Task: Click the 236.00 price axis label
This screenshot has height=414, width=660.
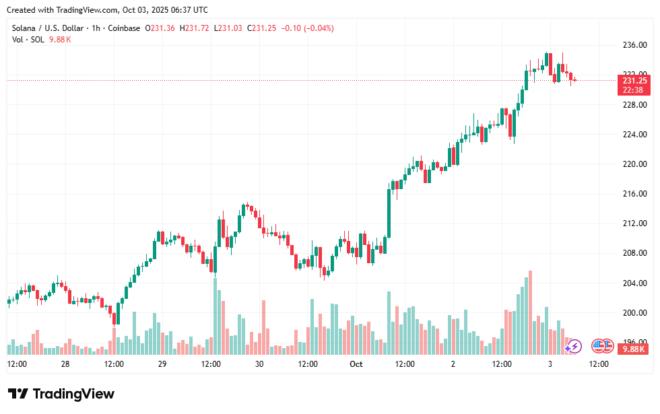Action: tap(634, 46)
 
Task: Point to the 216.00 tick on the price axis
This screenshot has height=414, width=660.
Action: tap(634, 194)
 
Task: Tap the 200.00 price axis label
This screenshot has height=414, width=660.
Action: tap(634, 313)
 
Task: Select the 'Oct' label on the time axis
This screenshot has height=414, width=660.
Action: tap(356, 364)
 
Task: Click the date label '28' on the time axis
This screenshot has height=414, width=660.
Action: tap(65, 364)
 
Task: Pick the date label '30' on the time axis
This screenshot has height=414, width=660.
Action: tap(259, 364)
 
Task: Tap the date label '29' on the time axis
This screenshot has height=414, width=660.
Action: tap(162, 364)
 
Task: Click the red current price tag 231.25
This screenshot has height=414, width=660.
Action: tap(635, 81)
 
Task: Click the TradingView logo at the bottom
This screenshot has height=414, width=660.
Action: tap(61, 394)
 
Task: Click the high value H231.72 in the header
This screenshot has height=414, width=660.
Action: tap(193, 28)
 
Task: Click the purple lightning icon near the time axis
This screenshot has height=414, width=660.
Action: tap(573, 347)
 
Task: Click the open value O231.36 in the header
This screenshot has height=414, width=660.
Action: tap(158, 28)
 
